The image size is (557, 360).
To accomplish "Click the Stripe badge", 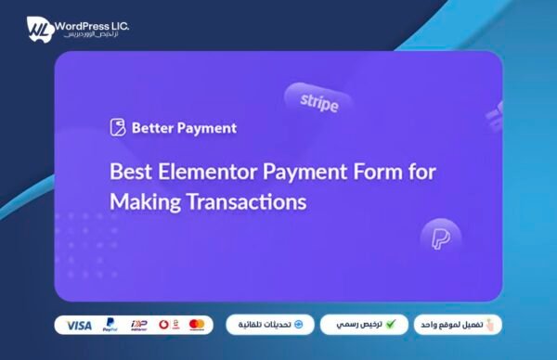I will click(313, 101).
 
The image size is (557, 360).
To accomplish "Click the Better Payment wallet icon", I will click(117, 128).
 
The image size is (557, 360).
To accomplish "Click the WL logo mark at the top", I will click(37, 29).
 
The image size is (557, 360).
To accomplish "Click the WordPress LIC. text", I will click(91, 22).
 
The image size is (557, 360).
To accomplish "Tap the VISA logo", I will click(80, 326).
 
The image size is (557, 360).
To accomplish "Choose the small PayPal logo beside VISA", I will click(110, 326).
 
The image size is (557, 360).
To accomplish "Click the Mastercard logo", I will click(196, 325).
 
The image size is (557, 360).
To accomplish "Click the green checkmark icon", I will click(391, 325).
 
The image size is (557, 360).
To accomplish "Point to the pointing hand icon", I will click(491, 325).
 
